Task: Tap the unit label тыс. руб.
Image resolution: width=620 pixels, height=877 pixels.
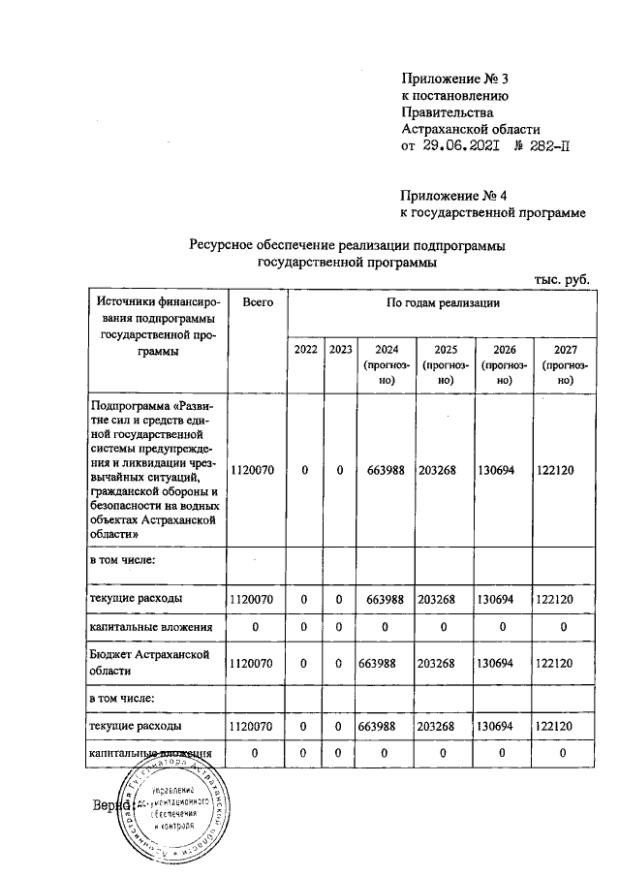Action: (562, 278)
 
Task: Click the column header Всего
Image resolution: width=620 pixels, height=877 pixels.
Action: (258, 303)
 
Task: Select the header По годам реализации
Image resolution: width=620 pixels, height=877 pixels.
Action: (443, 303)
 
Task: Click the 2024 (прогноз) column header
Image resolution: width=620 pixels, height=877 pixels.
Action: (386, 364)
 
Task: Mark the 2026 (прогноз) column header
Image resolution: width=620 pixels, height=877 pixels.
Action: (503, 364)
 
